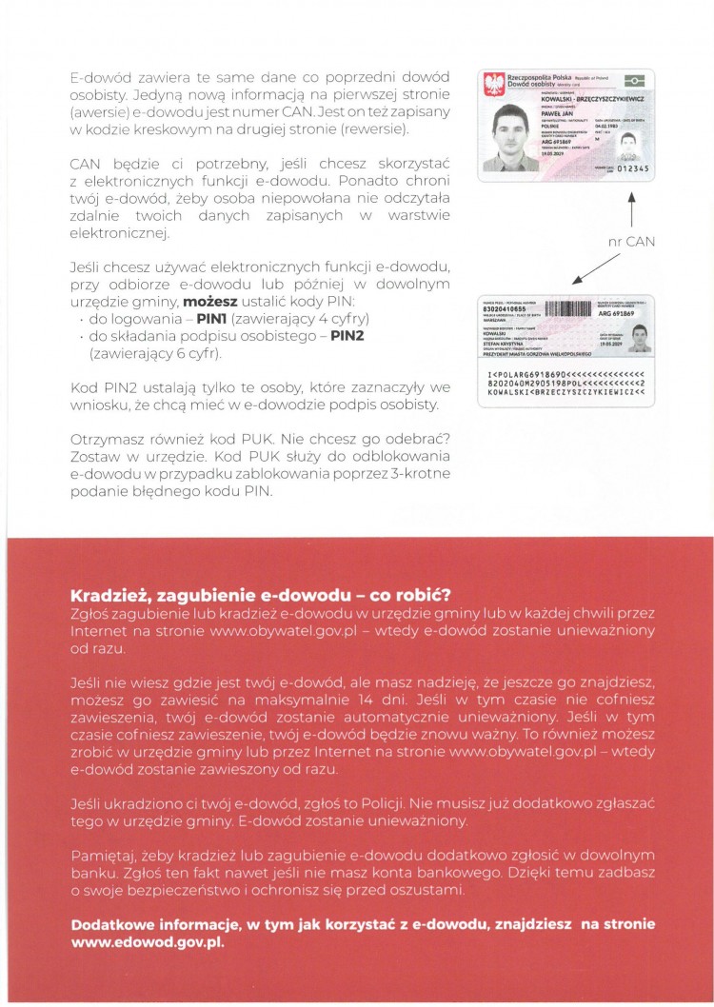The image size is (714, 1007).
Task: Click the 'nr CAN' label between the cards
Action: [x=628, y=242]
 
